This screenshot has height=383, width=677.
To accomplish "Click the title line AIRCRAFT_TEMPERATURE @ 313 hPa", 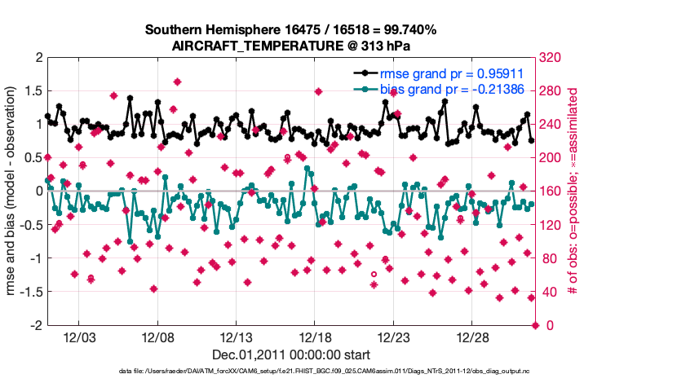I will tap(291, 46).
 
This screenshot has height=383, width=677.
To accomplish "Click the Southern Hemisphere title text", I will tap(291, 30).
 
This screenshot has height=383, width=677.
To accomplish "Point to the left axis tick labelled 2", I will tap(38, 58).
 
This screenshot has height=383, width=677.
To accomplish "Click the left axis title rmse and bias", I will tap(14, 191).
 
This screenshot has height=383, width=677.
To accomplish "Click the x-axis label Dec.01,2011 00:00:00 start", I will tap(291, 354).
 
